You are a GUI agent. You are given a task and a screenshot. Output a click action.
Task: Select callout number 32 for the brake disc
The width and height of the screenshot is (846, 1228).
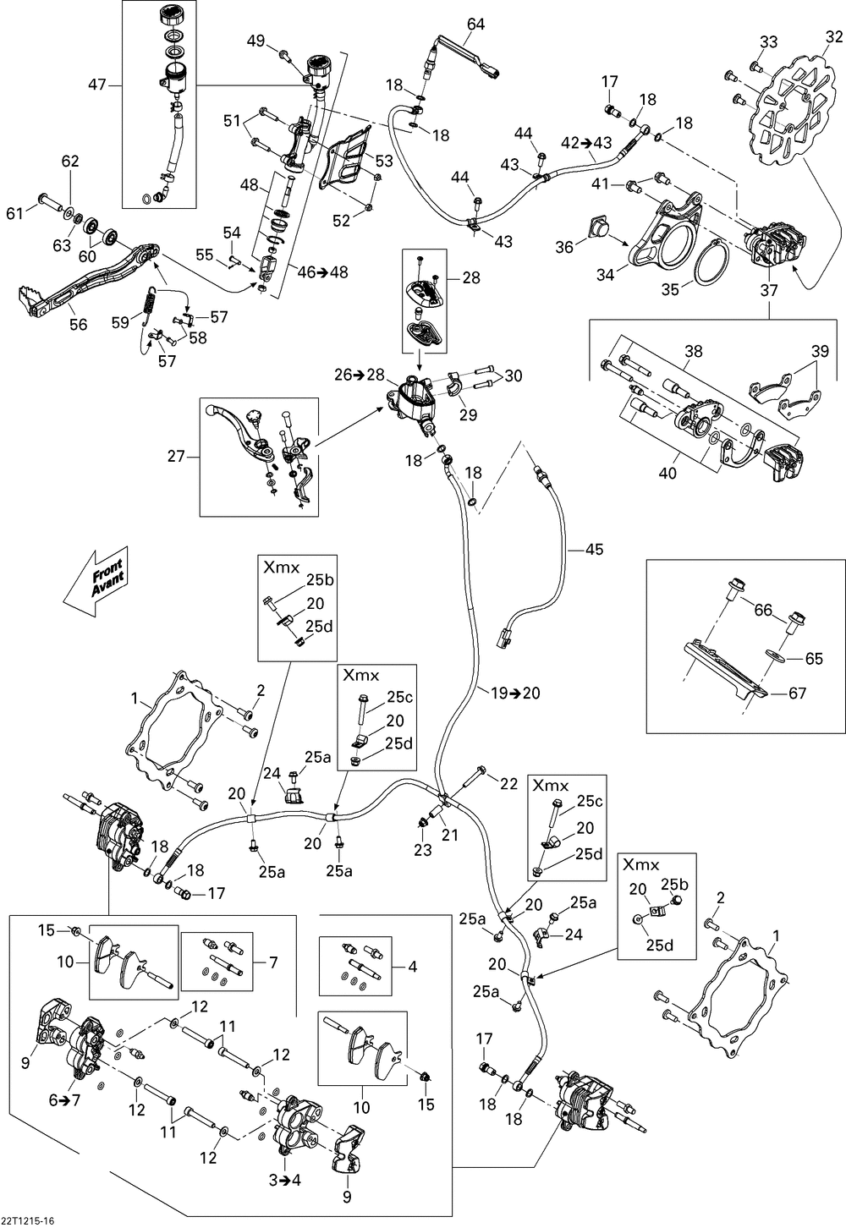click(x=834, y=37)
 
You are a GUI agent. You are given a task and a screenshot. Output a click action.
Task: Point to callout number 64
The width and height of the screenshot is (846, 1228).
click(x=475, y=25)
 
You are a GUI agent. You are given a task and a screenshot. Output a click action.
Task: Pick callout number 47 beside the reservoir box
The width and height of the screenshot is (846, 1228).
click(x=98, y=85)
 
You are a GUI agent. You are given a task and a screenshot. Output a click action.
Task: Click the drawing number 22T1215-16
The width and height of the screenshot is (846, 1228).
click(x=30, y=1218)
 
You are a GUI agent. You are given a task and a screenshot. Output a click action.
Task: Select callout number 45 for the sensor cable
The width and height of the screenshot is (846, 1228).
click(x=595, y=550)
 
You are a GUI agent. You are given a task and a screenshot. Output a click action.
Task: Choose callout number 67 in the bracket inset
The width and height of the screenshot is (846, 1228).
click(x=797, y=693)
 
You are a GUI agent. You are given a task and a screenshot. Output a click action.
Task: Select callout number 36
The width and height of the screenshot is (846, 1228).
click(x=564, y=246)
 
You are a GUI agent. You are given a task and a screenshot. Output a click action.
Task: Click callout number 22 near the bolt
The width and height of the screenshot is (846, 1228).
click(x=508, y=784)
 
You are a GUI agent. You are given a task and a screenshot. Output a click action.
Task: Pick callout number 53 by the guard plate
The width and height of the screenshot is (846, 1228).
click(x=384, y=161)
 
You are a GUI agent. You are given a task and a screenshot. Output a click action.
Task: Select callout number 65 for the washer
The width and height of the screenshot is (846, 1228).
click(x=814, y=656)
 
